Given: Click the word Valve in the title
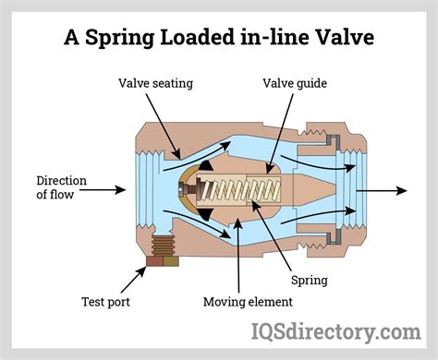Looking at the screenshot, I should pyautogui.click(x=340, y=39).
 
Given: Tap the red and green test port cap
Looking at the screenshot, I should pyautogui.click(x=161, y=262).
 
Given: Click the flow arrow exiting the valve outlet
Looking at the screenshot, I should pyautogui.click(x=383, y=191).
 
